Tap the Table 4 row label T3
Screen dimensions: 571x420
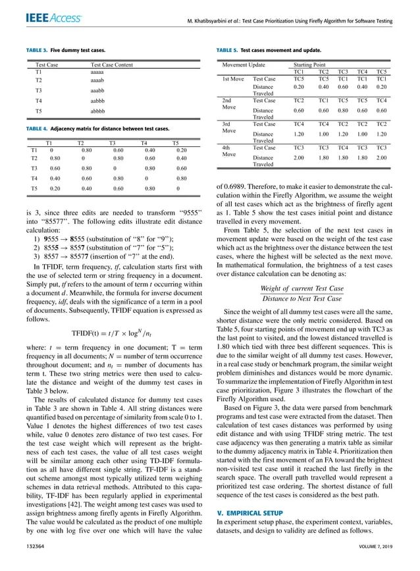(x=34, y=169)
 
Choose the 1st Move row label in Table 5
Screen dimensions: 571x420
(x=234, y=79)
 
